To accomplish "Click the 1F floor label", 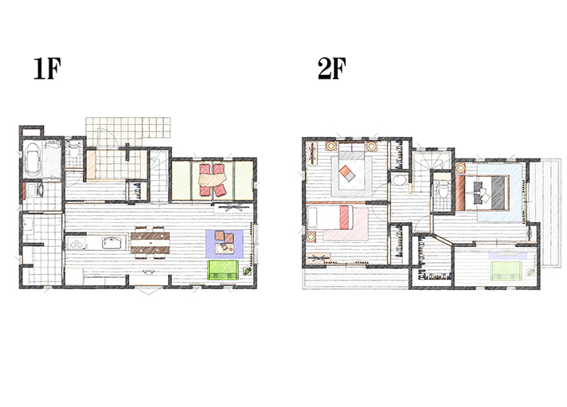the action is point(47,68).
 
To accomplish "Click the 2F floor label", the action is point(331,68).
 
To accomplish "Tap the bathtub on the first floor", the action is point(32,158).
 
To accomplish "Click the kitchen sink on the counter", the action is point(111,242).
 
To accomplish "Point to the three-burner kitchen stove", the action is point(76,243).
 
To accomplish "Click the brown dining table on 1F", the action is point(150,243).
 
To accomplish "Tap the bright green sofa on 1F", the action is point(223,270).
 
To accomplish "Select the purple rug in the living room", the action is point(225,244).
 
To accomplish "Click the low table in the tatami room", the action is point(212,179).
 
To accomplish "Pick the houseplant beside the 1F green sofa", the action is point(248,271).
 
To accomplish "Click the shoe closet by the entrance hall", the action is point(138,190).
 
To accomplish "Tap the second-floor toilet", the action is point(442,190).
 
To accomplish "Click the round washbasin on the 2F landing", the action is point(399,180).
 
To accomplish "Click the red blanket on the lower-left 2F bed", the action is point(346,217).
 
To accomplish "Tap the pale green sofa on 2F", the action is point(506,272).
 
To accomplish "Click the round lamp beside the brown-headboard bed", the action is point(460,168).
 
